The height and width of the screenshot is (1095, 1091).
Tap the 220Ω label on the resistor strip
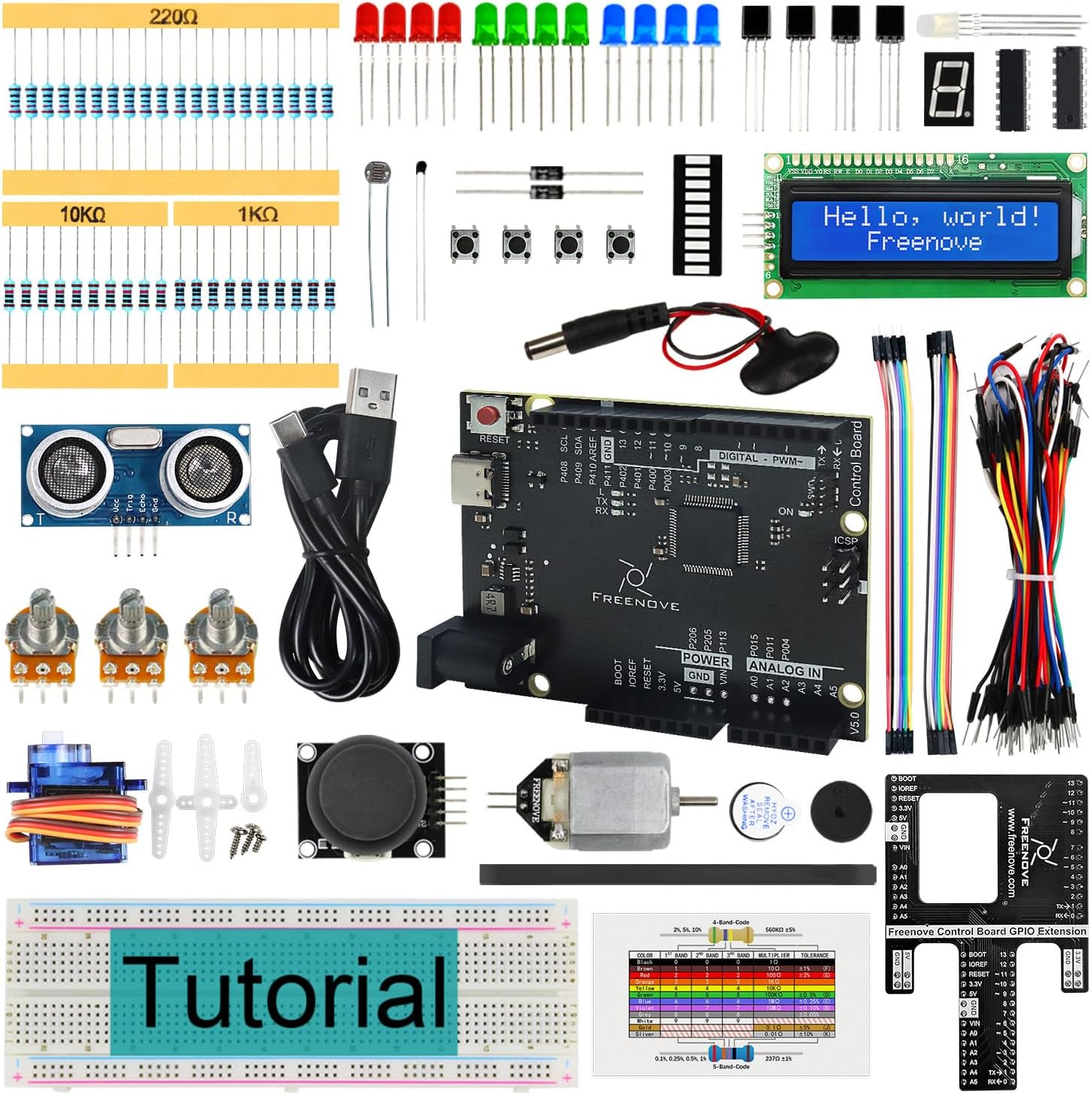pyautogui.click(x=173, y=16)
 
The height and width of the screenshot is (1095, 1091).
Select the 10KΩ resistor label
pyautogui.click(x=83, y=214)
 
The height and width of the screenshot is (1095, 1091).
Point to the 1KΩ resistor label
pyautogui.click(x=257, y=214)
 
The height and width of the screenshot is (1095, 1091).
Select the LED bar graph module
pyautogui.click(x=697, y=215)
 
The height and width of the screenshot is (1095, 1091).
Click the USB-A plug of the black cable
pyautogui.click(x=372, y=396)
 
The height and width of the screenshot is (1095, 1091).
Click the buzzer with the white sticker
pyautogui.click(x=763, y=814)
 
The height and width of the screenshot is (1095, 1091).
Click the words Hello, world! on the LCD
pyautogui.click(x=931, y=217)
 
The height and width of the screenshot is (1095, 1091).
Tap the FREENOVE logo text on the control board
pyautogui.click(x=636, y=603)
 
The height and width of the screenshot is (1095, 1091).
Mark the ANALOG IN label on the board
pyautogui.click(x=784, y=668)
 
